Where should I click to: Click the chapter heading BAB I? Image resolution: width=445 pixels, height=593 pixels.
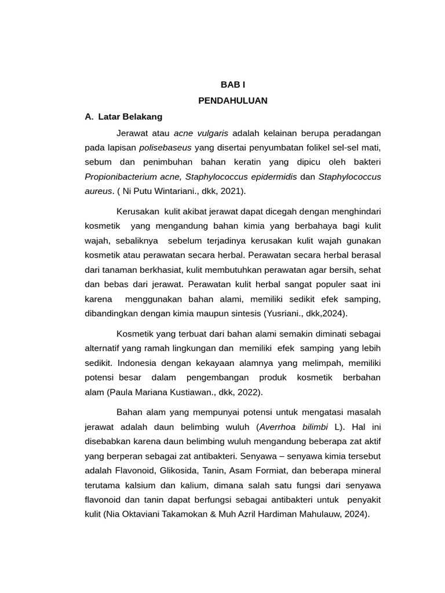coord(233,85)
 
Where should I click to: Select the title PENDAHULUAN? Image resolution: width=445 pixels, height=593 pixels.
coord(233,100)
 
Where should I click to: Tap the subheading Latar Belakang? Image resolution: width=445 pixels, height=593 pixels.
coord(130,116)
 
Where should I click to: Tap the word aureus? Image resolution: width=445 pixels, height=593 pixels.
coord(98,191)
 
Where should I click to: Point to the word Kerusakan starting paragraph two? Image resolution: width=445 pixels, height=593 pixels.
coord(137,211)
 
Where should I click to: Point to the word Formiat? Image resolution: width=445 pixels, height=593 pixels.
coord(279,470)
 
